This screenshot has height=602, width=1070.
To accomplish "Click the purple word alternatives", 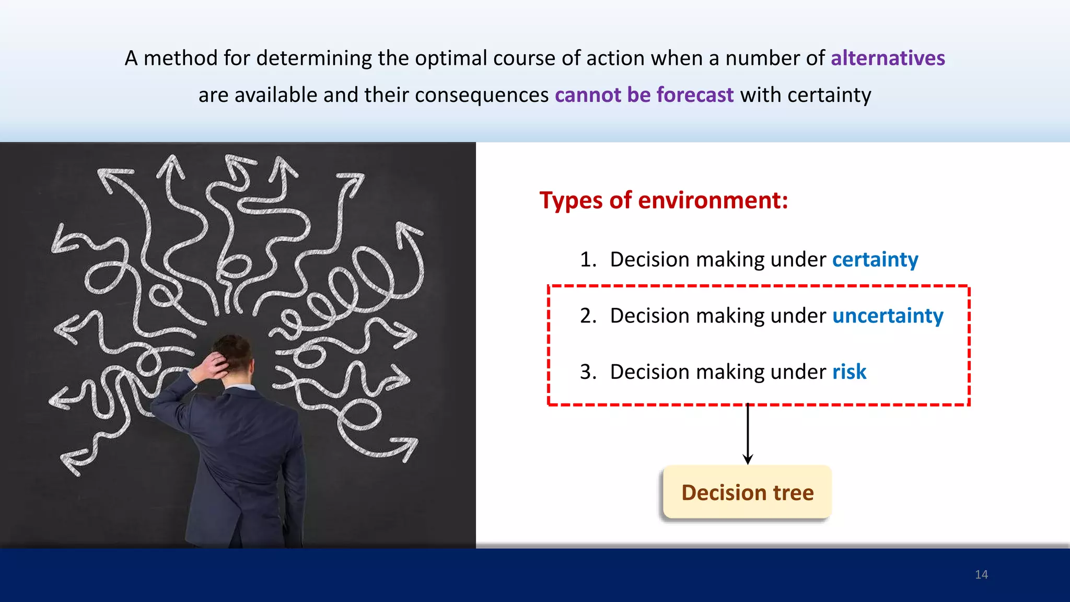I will click(888, 58).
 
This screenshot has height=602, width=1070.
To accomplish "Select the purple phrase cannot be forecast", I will click(644, 95).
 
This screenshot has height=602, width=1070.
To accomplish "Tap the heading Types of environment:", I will click(664, 201).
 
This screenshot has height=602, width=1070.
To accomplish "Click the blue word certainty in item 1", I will click(875, 260).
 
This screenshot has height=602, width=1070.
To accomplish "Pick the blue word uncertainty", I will click(888, 316).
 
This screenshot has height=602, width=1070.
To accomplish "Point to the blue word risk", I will click(849, 372).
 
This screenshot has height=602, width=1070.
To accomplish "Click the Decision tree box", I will click(747, 492).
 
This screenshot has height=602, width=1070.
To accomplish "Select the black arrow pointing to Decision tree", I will click(748, 434).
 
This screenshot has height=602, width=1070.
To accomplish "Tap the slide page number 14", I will click(981, 575).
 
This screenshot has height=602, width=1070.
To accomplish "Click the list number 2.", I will click(588, 316).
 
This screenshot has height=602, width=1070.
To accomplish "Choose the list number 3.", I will click(588, 372).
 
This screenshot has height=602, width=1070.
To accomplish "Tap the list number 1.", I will click(588, 260).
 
